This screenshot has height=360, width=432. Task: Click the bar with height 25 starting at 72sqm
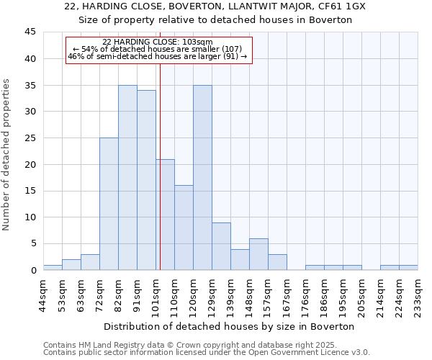(109, 204)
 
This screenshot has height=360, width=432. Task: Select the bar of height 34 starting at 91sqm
(146, 180)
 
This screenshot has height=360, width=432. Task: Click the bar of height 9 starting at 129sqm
(221, 246)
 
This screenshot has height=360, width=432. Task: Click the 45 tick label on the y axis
(30, 32)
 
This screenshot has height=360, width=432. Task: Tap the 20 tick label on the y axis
(30, 164)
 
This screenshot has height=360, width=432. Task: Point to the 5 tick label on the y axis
(32, 243)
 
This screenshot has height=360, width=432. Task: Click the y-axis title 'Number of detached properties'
(7, 155)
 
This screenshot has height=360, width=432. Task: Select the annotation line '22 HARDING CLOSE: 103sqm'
(158, 42)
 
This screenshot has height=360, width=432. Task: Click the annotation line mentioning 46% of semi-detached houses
(158, 56)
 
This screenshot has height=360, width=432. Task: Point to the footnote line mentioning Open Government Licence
(207, 352)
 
